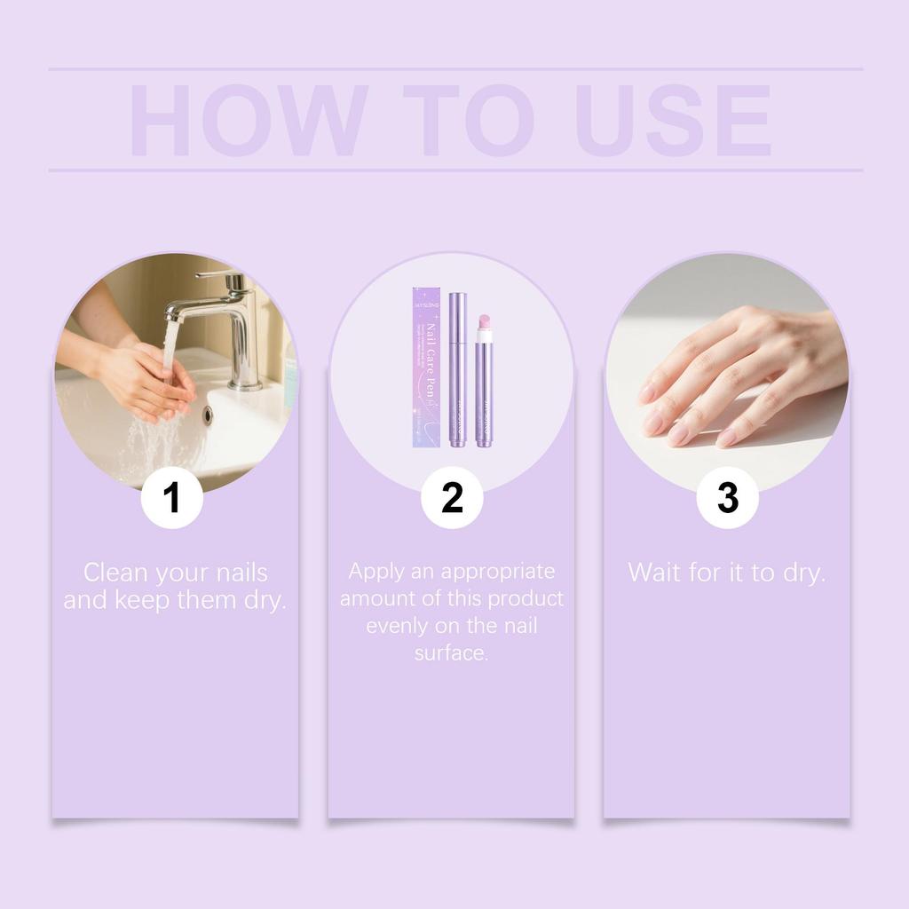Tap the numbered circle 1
tap(172, 498)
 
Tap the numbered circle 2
tap(452, 498)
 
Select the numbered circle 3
tap(727, 498)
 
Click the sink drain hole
tap(209, 414)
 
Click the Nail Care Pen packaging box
tap(427, 367)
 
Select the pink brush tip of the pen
tap(485, 321)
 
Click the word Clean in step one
tap(115, 573)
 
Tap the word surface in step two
tap(451, 653)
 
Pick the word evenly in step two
tap(397, 626)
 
